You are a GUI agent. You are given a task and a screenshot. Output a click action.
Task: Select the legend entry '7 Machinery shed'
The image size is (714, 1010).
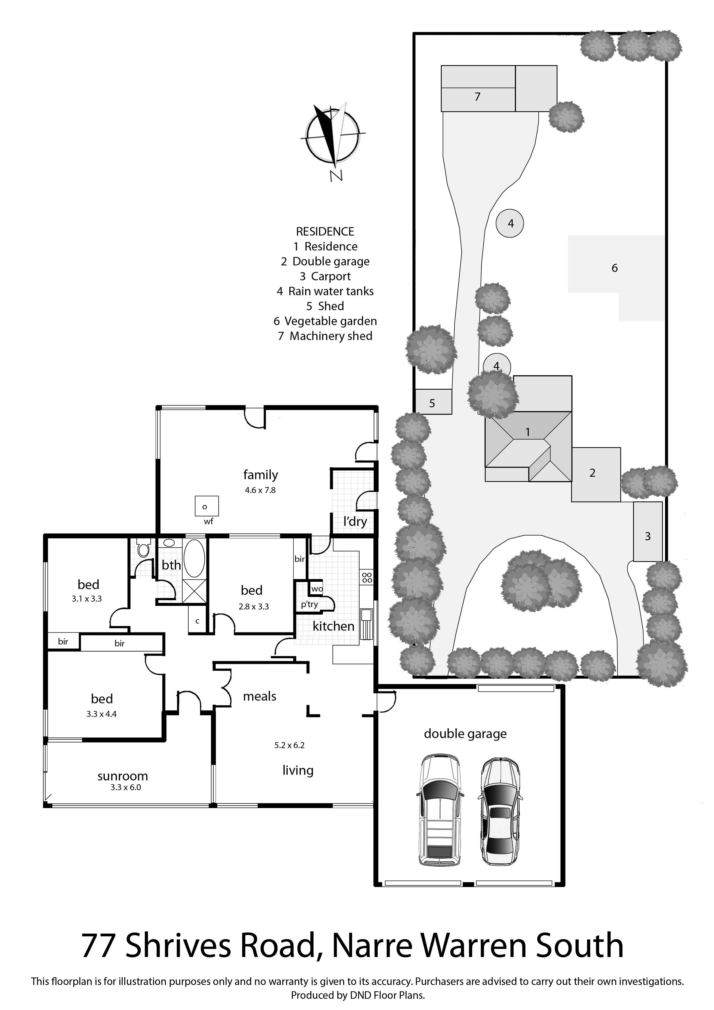pos(325,336)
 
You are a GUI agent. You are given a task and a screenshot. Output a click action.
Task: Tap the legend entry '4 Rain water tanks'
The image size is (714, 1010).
pos(325,291)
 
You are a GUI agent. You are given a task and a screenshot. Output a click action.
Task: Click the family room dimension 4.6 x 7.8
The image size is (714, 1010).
pos(260,490)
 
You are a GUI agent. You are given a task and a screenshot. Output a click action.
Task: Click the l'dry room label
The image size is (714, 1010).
pos(355,522)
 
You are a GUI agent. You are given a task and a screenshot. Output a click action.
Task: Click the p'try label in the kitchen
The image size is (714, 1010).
pos(309,605)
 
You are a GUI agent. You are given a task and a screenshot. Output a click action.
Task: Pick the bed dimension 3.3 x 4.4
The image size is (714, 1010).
pos(102,714)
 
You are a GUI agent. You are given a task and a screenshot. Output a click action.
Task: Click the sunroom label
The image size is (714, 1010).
pos(123,776)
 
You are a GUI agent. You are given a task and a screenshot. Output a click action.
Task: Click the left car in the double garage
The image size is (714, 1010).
pos(439,811)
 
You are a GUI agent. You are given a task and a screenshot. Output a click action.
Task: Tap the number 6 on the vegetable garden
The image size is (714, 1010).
pos(615,268)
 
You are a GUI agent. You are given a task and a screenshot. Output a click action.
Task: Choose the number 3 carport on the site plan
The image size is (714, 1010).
pos(647,536)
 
